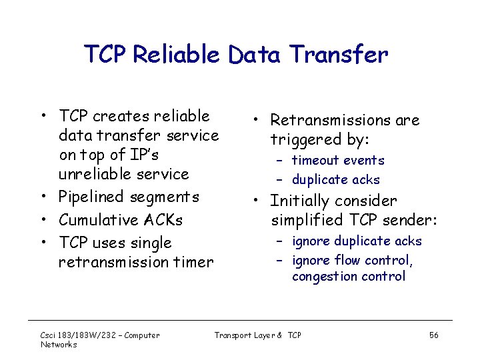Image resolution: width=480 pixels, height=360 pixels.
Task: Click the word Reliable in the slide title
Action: click(175, 55)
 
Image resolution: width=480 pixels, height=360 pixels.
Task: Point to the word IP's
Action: click(144, 155)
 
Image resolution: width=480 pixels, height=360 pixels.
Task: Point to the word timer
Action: click(193, 262)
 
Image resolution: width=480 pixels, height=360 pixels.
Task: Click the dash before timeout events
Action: click(281, 161)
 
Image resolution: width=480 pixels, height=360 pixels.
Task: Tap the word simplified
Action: click(307, 220)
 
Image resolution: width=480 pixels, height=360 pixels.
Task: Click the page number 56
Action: click(433, 335)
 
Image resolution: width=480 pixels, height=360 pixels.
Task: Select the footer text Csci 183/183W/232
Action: click(80, 335)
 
